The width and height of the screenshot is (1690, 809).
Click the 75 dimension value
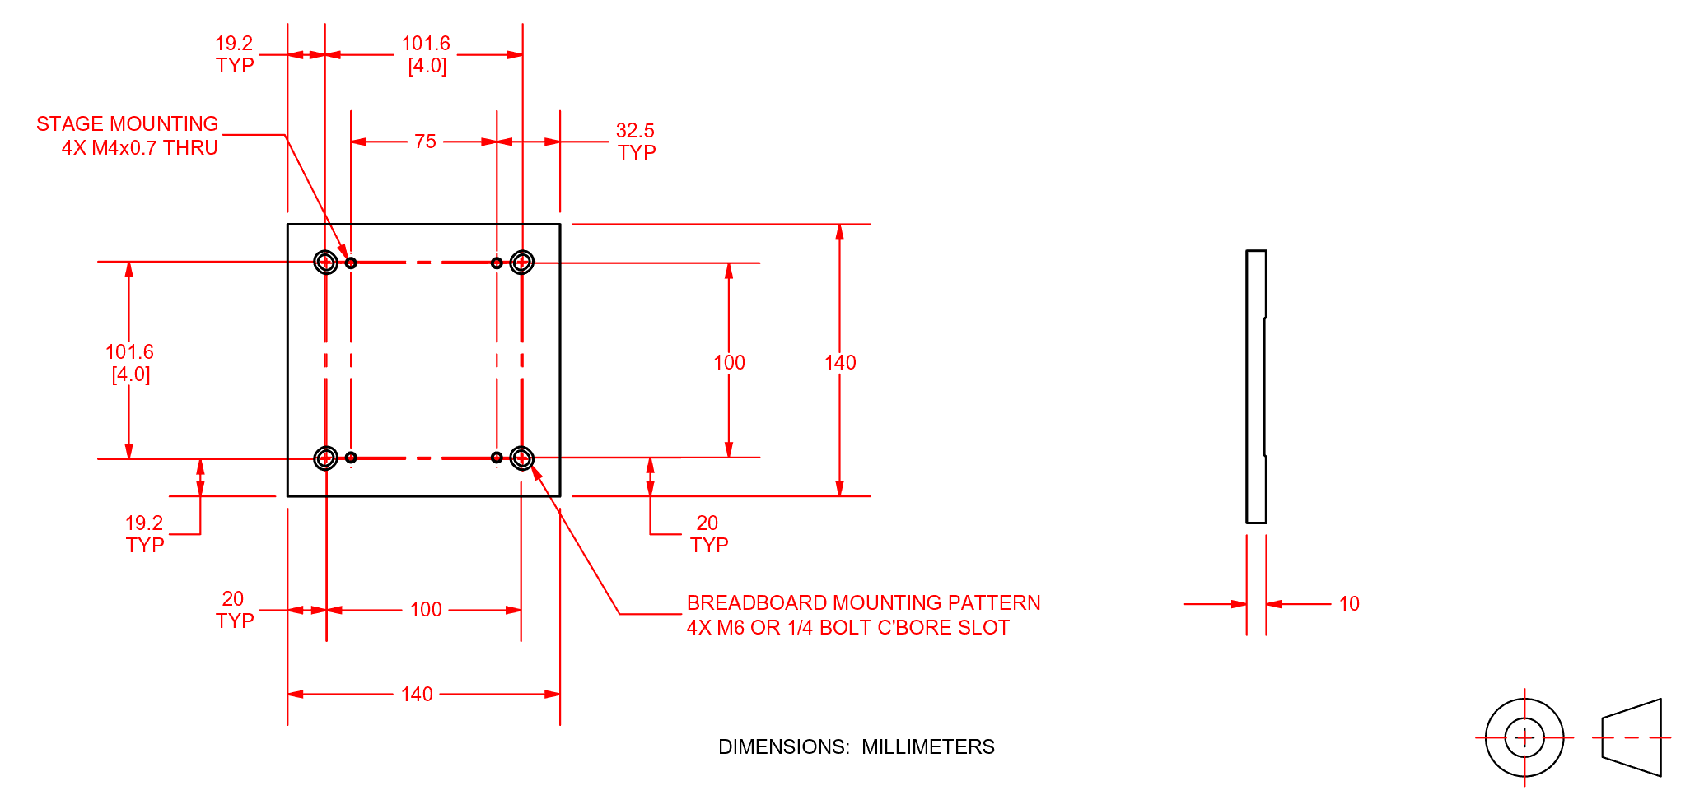425,142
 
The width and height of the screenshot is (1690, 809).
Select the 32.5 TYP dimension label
636,142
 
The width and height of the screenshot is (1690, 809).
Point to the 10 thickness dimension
1348,604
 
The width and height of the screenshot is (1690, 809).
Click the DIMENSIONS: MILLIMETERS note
856,746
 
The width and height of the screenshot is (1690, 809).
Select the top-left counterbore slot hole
326,263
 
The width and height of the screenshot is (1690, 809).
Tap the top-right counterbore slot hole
522,263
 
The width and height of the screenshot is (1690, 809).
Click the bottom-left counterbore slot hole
326,458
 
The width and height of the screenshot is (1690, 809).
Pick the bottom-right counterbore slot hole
522,458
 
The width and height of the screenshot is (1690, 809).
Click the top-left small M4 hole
351,263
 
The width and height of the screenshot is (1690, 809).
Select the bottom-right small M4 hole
497,458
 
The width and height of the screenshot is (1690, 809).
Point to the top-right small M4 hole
497,263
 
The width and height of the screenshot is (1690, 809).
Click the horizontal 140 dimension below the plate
417,695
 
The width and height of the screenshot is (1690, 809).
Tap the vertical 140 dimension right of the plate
840,362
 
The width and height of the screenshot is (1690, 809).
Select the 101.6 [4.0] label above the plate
426,54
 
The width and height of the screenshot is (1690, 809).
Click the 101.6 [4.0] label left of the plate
129,363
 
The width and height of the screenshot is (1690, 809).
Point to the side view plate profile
1256,387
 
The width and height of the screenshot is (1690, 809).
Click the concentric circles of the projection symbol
1524,737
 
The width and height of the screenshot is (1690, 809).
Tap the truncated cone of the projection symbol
1632,737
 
